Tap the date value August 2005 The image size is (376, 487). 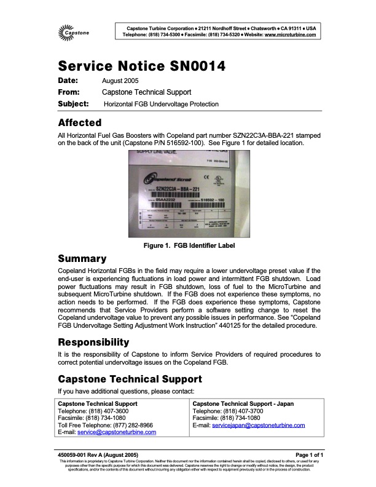pyautogui.click(x=120, y=81)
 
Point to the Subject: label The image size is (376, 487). pyautogui.click(x=73, y=104)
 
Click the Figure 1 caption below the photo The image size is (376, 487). pyautogui.click(x=187, y=246)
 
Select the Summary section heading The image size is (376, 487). pyautogui.click(x=82, y=259)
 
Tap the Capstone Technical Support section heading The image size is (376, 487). pyautogui.click(x=129, y=379)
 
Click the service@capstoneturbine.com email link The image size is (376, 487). pyautogui.click(x=125, y=432)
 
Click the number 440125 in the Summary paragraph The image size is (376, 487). pyautogui.click(x=248, y=326)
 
